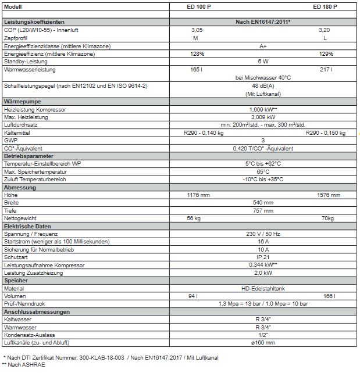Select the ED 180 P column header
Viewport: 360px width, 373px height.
(325, 6)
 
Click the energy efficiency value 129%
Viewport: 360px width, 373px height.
(326, 53)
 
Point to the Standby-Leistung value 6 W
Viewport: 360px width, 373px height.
(263, 61)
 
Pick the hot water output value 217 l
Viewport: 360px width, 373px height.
(325, 69)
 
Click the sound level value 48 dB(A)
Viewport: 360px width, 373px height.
(263, 86)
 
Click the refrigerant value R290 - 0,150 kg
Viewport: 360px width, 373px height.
(325, 132)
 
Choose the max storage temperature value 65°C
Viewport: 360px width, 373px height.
(263, 172)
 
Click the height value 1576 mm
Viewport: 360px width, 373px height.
(325, 195)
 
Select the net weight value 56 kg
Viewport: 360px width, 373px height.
(194, 218)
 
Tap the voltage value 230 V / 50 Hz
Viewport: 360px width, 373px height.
(263, 234)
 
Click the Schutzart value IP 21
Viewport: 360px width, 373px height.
(263, 257)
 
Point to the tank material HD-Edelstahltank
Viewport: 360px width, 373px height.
(263, 289)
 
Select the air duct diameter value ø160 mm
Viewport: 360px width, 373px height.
(263, 343)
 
